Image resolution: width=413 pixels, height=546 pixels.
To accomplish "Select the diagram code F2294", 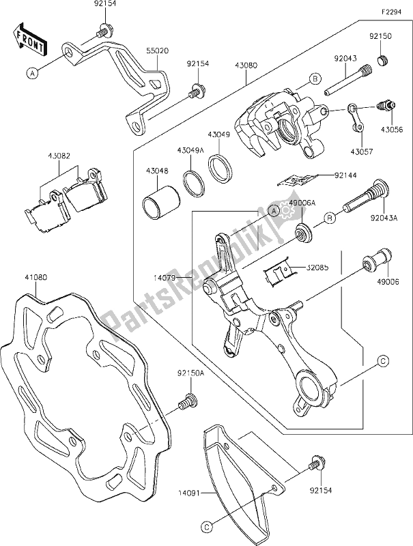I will click(x=393, y=11).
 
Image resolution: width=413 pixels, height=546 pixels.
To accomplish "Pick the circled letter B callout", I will click(x=316, y=79).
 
